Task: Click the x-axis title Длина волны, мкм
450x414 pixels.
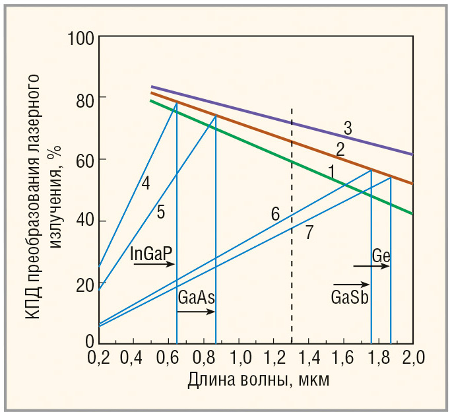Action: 258,381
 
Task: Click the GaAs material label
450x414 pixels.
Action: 197,297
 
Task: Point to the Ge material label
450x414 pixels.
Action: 381,255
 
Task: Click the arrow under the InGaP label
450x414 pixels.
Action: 153,264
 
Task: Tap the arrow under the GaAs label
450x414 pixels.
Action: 197,310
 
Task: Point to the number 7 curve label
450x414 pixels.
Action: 309,232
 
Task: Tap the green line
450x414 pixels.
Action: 264,143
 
